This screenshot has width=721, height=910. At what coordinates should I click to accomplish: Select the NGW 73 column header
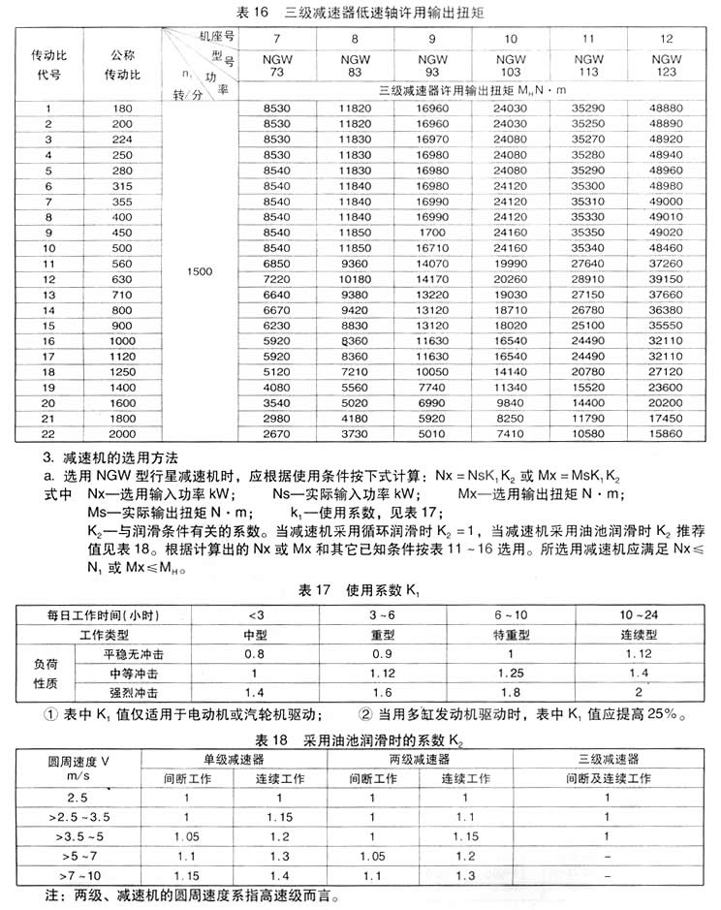[277, 66]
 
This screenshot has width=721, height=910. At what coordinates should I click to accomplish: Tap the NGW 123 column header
[665, 66]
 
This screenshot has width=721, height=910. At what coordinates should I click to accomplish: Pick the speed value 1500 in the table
[198, 272]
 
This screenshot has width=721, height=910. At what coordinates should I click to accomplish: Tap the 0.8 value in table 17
[253, 654]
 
